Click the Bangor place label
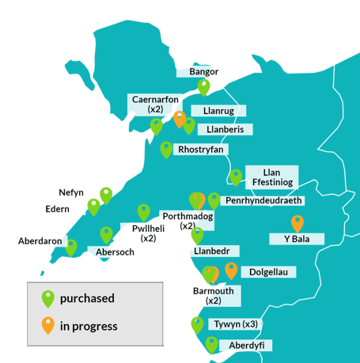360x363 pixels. pos(203,72)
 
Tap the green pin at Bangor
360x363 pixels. pos(204,86)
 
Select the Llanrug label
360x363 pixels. pos(217,112)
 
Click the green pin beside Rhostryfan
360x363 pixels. pos(166,149)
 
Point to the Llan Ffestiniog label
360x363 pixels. pos(272,176)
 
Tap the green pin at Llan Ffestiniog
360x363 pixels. pos(235,176)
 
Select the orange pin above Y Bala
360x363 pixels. pos(297,223)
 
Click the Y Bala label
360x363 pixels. pos(297,239)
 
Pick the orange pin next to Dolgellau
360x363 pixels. pos(231,270)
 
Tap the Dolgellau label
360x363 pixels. pos(267,272)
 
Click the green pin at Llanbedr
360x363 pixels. pos(197,235)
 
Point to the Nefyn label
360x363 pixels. pos(71,192)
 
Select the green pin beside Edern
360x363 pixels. pos(94,206)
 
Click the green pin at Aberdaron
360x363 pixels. pos(71,247)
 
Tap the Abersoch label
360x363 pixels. pos(115,252)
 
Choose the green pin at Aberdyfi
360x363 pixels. pos(211,344)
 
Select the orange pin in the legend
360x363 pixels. pos(48,323)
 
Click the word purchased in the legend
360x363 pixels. pos(87,299)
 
